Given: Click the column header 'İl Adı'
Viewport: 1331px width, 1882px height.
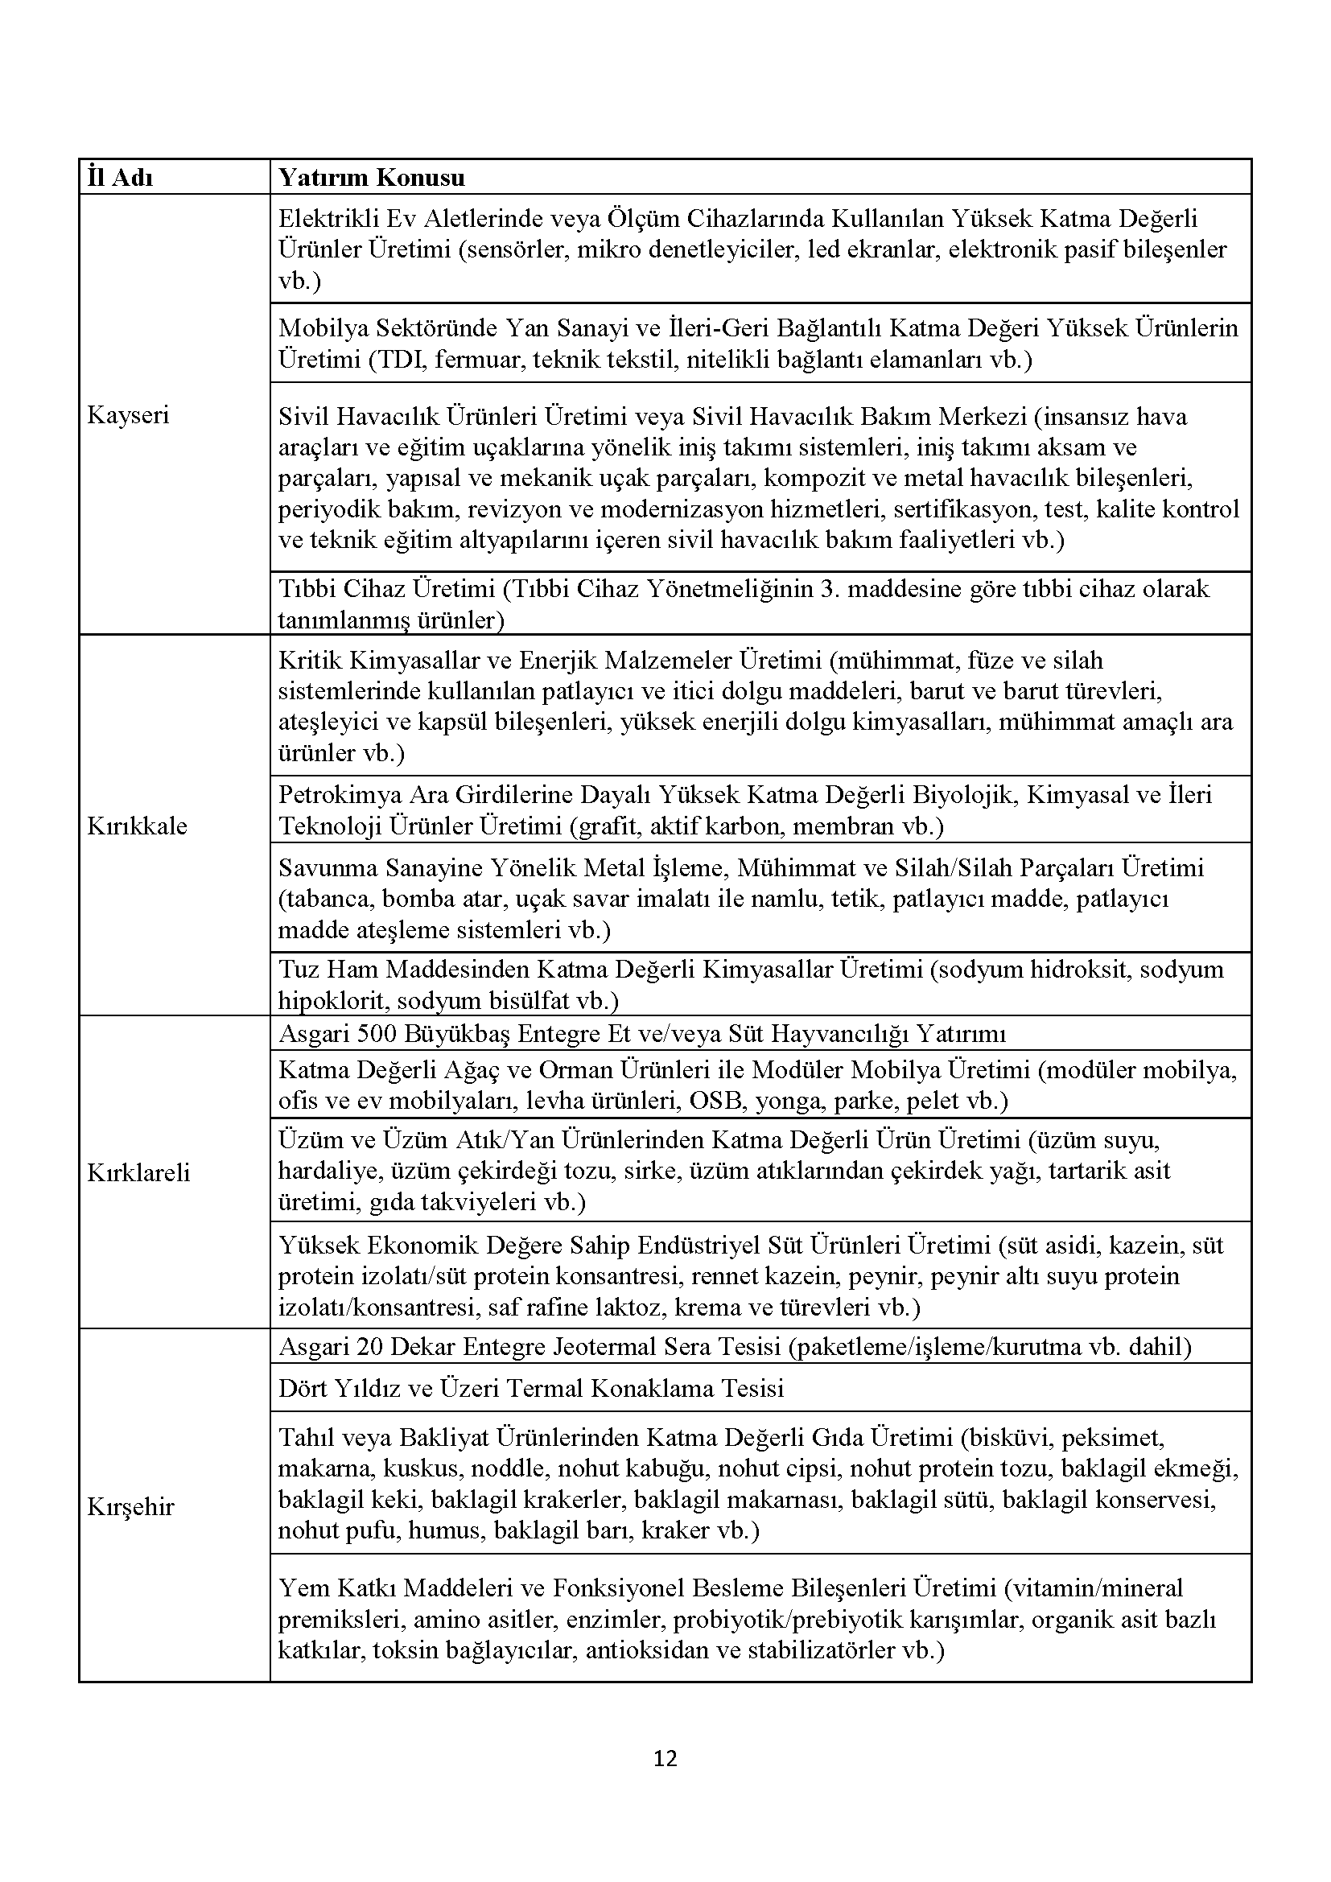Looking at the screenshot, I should [x=120, y=178].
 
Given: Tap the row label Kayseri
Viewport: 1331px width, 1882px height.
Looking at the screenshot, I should [x=128, y=414].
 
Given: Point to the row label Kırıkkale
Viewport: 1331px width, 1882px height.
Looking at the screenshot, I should [x=137, y=826].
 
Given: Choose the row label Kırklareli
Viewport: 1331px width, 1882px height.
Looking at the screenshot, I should [x=138, y=1172].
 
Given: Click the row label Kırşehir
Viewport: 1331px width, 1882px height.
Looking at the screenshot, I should [x=130, y=1506].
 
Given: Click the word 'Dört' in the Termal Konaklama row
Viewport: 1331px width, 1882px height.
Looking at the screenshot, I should [x=303, y=1388].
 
